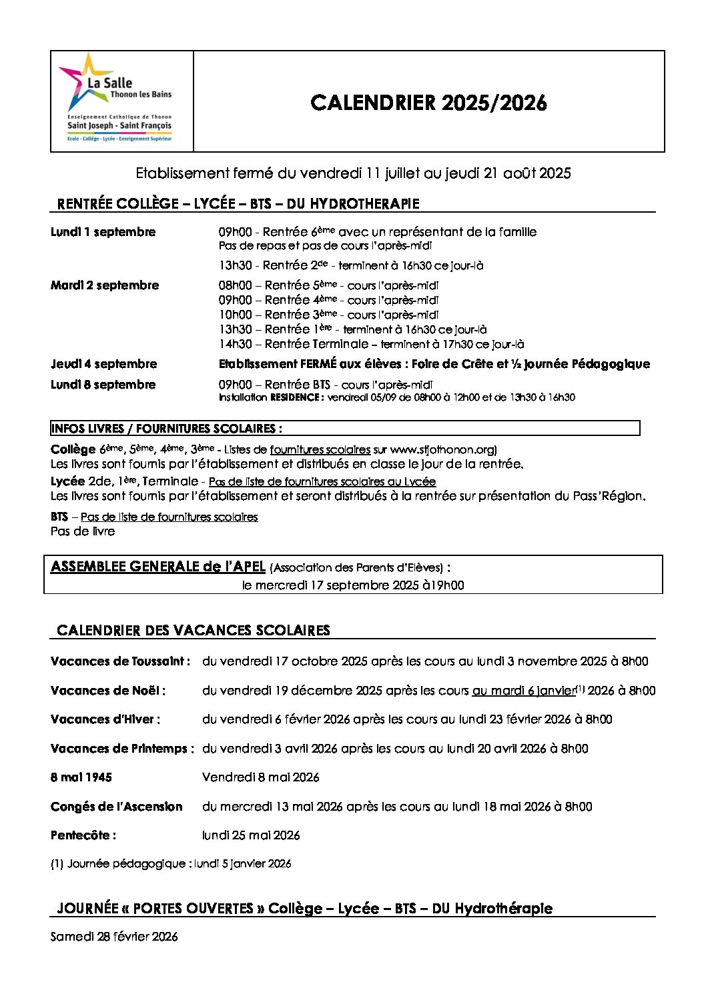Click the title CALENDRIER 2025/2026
(428, 103)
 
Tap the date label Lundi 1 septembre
(103, 232)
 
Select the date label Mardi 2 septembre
(105, 285)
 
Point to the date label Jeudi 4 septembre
(104, 364)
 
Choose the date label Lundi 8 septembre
(103, 385)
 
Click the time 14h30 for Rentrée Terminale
(236, 344)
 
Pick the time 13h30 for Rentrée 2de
(236, 265)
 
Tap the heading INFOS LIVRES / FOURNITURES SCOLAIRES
(166, 429)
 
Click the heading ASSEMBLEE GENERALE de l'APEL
(158, 567)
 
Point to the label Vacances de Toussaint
(120, 661)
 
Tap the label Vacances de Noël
(108, 691)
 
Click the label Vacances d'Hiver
(105, 719)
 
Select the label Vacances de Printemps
(122, 749)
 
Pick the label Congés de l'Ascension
(117, 807)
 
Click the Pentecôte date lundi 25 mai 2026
(251, 835)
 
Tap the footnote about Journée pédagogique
(171, 864)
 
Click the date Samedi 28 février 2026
(114, 937)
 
